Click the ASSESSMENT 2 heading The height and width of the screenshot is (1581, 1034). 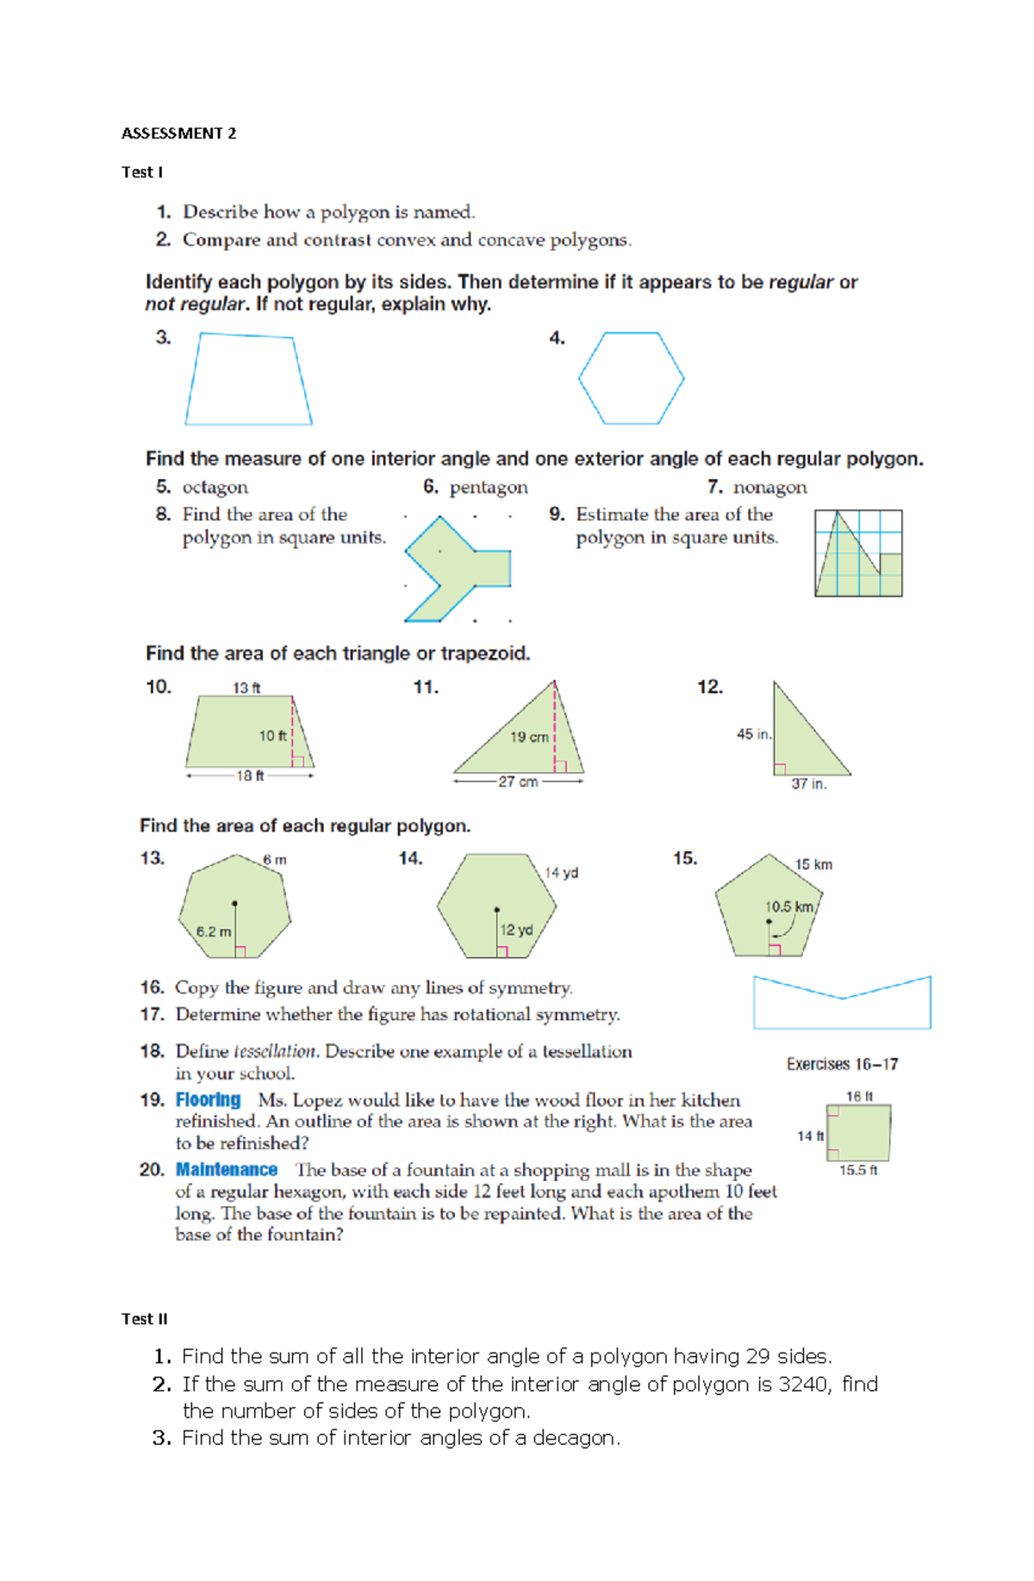point(178,134)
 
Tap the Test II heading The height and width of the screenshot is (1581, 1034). point(144,1319)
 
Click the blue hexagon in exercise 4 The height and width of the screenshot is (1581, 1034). point(631,378)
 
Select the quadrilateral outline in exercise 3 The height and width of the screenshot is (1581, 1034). point(248,380)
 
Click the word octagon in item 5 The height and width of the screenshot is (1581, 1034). point(215,488)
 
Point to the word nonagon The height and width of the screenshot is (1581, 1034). point(769,488)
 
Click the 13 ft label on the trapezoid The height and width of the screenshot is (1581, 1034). point(246,688)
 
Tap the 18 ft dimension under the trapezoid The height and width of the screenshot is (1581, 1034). point(250,775)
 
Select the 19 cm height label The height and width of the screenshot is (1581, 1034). point(529,738)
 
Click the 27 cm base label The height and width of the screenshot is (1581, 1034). point(518,781)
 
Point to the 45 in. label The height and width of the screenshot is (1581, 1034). point(753,734)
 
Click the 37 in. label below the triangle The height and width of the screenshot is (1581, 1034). point(808,784)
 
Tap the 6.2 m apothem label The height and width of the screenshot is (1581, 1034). point(213,931)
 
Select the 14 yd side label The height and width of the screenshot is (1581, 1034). point(561,873)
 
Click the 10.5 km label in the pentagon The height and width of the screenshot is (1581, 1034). point(788,906)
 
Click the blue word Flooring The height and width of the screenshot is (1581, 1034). point(208,1100)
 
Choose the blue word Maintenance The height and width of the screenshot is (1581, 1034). point(226,1170)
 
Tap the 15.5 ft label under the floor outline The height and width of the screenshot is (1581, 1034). point(858,1170)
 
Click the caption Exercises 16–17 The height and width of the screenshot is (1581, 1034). point(842,1065)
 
